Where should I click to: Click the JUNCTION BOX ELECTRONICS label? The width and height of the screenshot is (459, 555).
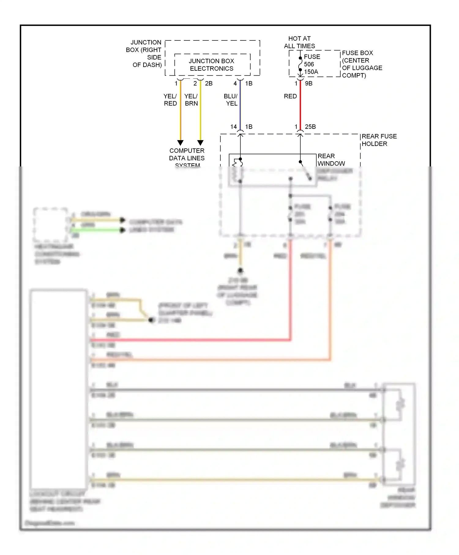(x=211, y=65)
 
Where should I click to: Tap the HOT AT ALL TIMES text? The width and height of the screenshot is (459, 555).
(x=299, y=42)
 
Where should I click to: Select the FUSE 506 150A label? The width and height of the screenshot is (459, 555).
(x=312, y=64)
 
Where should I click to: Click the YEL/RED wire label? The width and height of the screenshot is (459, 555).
(x=170, y=100)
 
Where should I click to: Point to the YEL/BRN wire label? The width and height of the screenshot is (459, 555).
(x=191, y=100)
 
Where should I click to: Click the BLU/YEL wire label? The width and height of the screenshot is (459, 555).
(x=231, y=100)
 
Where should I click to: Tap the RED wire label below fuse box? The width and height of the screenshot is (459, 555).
(x=290, y=96)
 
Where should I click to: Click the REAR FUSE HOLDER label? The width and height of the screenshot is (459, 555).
(x=379, y=140)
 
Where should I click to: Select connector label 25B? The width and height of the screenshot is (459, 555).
(x=310, y=127)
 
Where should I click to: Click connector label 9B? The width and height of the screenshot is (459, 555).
(x=309, y=83)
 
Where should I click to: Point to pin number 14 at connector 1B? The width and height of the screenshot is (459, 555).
(x=233, y=127)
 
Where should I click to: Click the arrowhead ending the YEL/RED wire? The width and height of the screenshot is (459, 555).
(x=181, y=143)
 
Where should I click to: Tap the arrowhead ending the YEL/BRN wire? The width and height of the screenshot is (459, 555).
(x=200, y=143)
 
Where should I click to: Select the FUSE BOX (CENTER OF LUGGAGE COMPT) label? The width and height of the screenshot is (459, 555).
(x=362, y=64)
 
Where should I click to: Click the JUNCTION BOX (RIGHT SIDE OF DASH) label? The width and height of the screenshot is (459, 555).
(x=144, y=54)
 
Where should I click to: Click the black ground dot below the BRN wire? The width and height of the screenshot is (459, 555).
(x=241, y=270)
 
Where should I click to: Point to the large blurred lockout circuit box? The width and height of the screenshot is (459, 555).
(x=58, y=389)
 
